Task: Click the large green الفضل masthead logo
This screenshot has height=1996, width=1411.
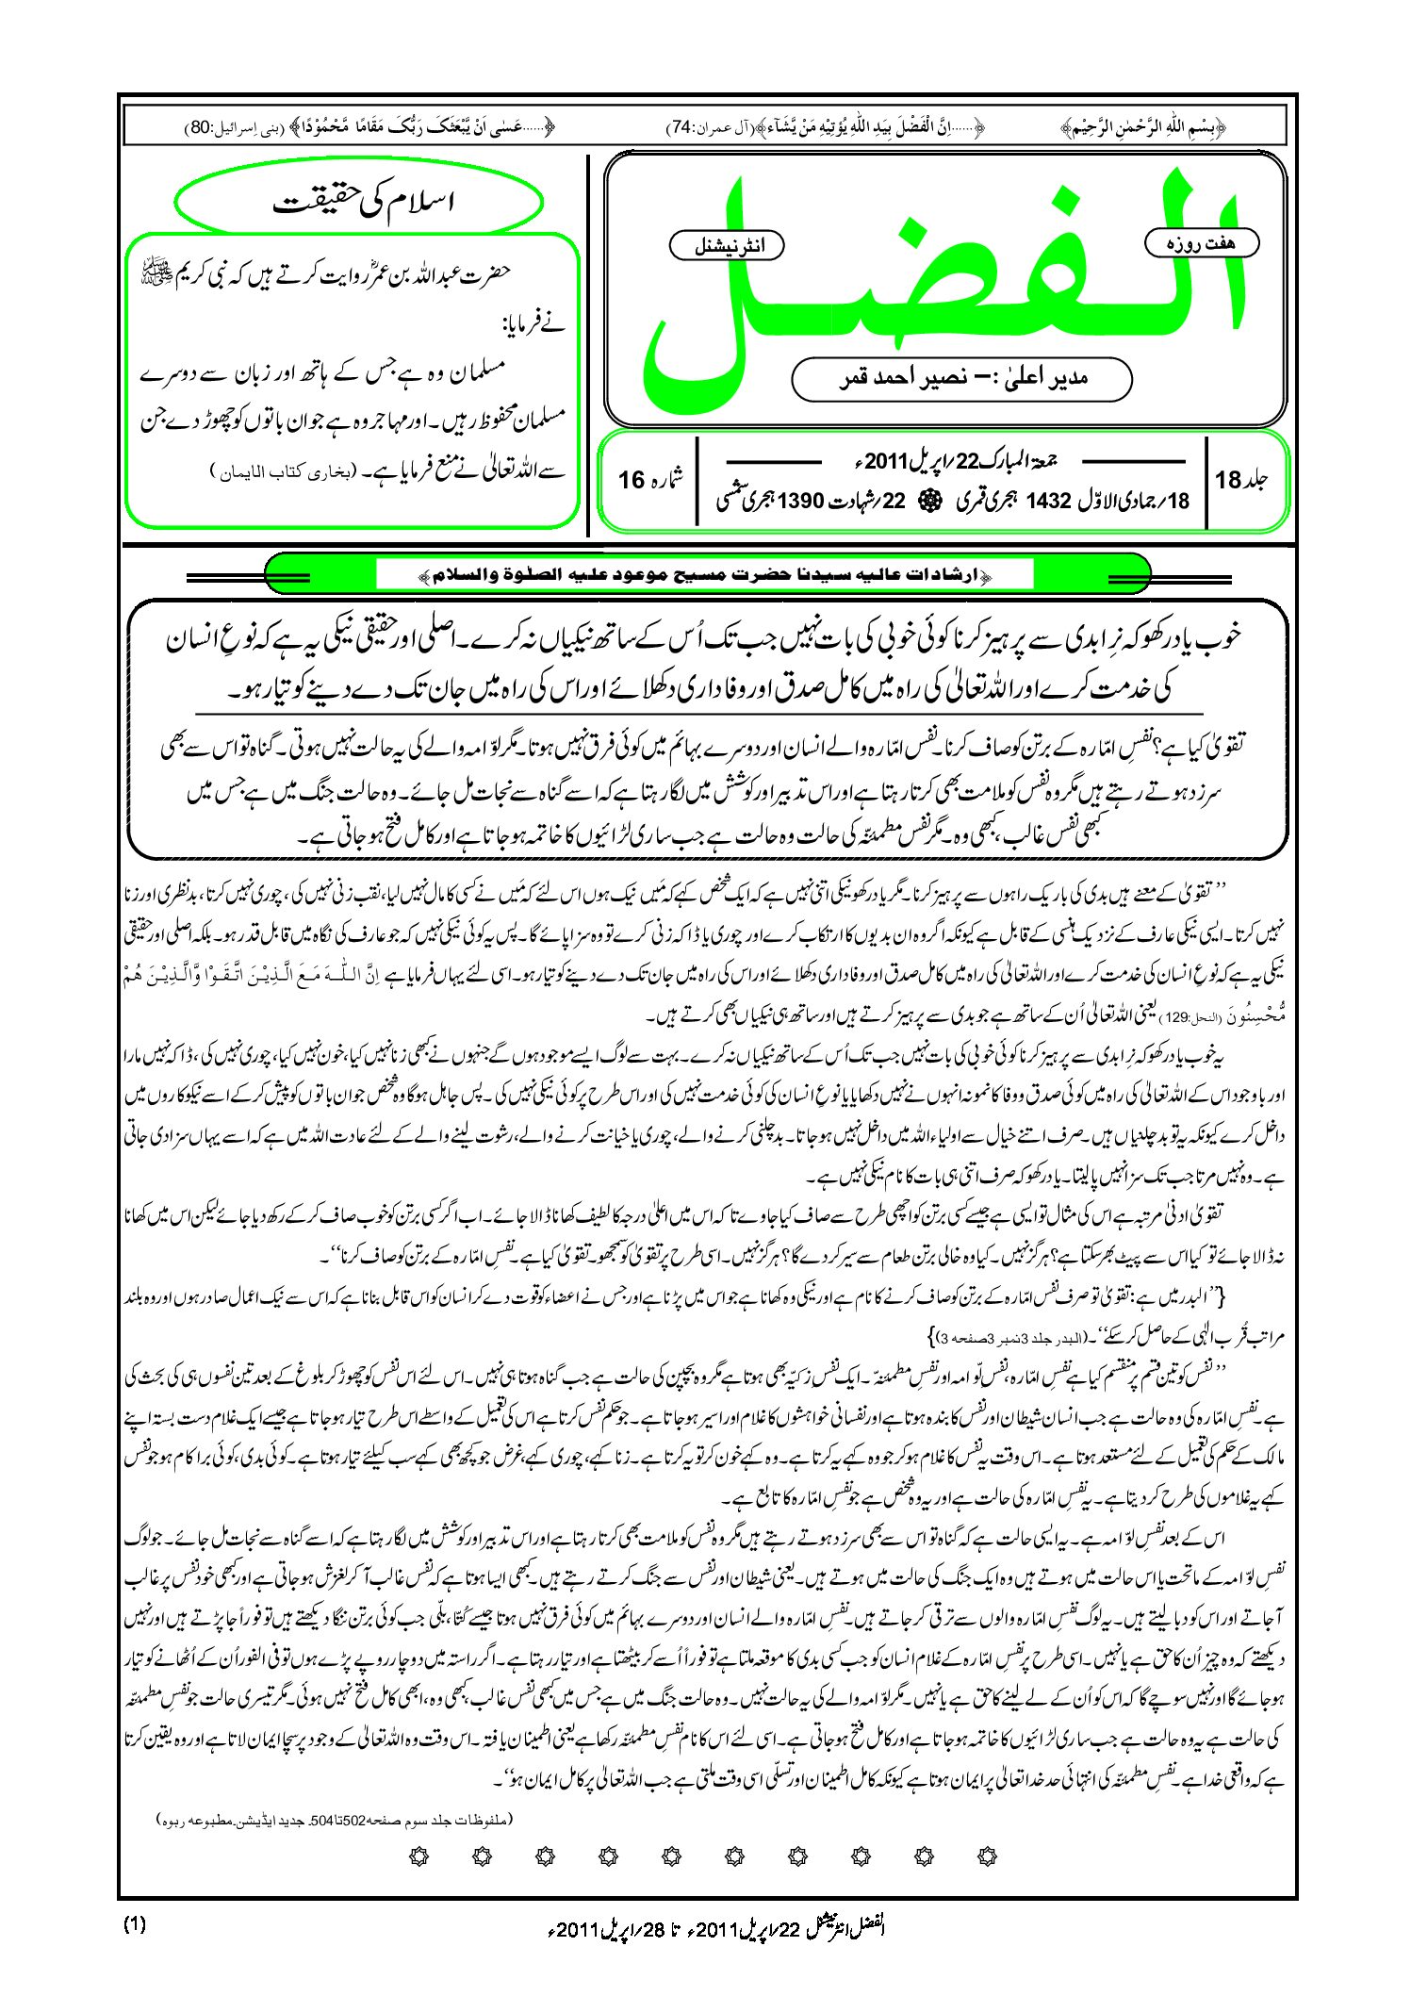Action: [943, 283]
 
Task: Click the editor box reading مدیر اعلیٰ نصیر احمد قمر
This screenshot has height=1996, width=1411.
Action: [961, 379]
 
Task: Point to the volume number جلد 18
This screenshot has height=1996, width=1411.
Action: [1241, 480]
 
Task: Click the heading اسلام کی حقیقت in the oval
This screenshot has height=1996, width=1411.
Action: [362, 203]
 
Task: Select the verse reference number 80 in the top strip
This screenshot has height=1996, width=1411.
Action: [200, 127]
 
